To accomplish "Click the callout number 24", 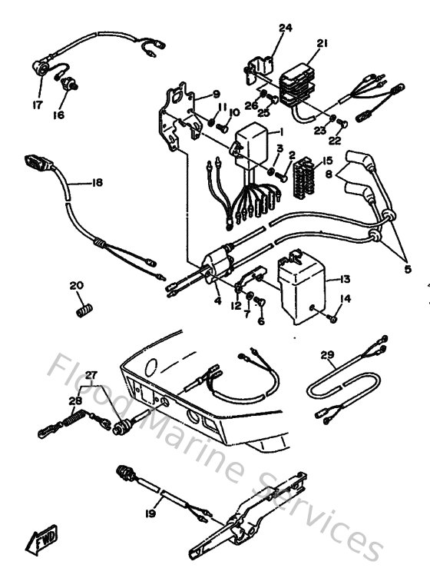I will [285, 28].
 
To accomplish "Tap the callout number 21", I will [321, 43].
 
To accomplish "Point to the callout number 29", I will [328, 355].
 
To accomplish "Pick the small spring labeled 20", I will [81, 310].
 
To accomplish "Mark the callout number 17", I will [37, 105].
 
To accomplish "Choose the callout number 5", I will [408, 269].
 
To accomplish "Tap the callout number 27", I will [91, 375].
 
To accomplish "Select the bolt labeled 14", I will [336, 316].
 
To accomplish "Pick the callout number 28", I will [75, 400].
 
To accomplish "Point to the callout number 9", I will [195, 94].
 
